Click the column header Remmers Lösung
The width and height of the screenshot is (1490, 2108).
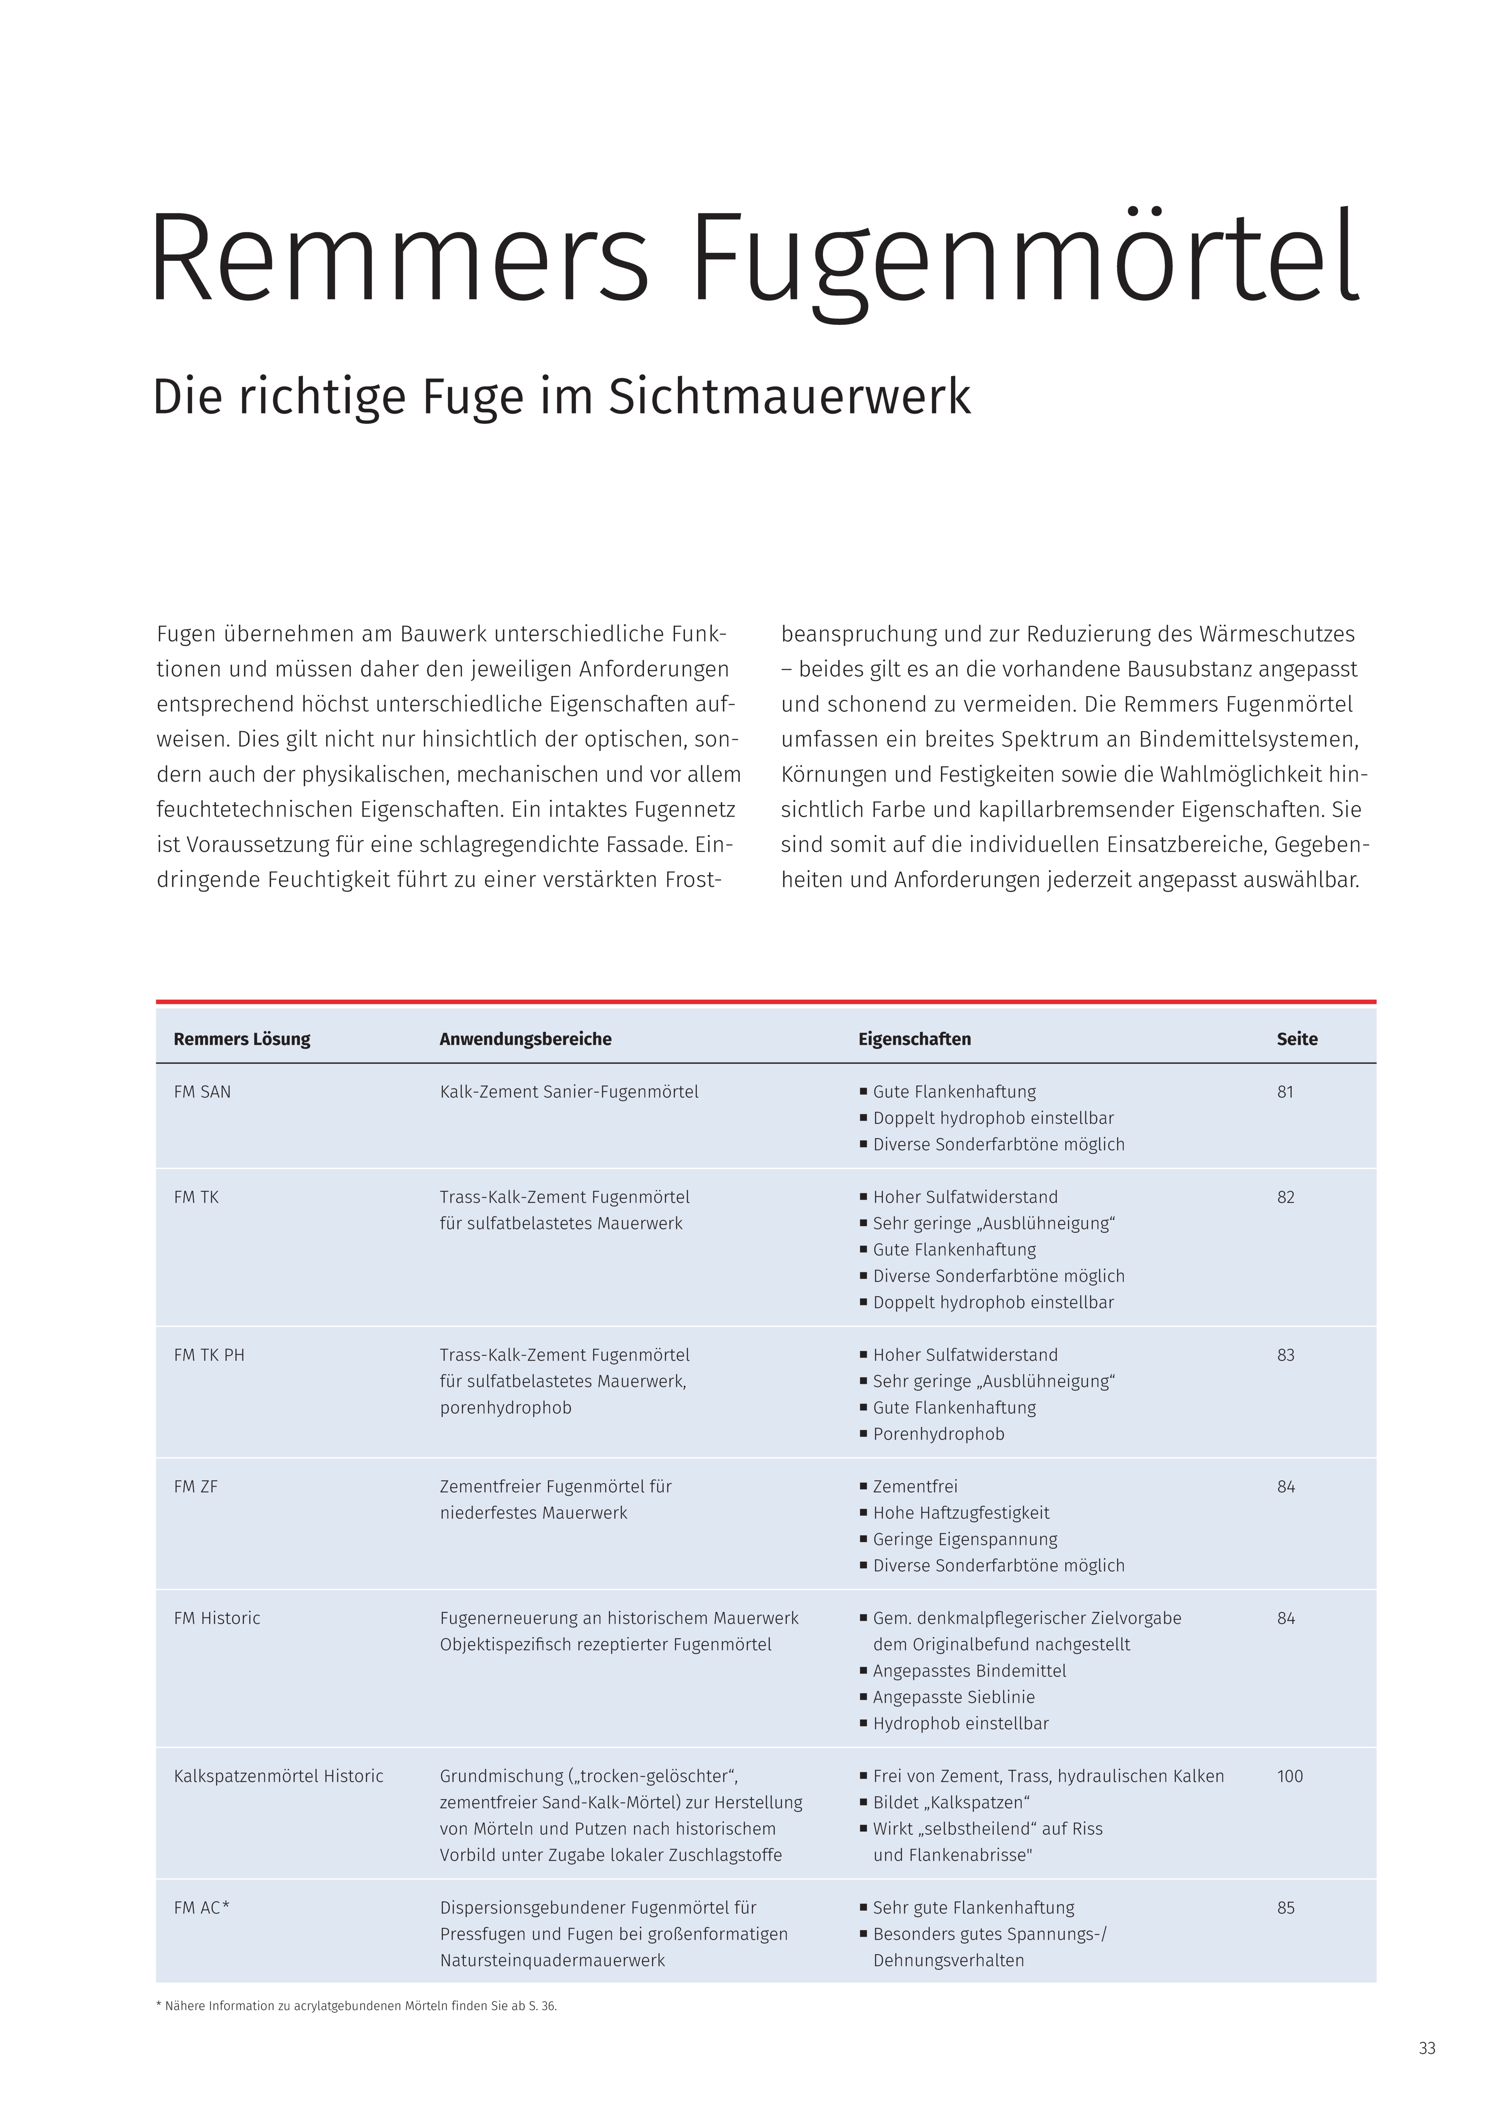pos(241,1040)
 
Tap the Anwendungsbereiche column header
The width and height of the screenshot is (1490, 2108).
pos(525,1040)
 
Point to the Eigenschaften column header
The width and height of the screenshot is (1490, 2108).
pos(914,1040)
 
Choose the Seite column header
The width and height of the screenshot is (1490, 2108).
pos(1296,1040)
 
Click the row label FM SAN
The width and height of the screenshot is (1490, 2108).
pos(202,1091)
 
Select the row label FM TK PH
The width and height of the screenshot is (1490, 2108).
pos(209,1355)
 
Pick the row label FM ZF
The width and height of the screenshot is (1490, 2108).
pos(195,1486)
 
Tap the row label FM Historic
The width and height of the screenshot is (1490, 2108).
pos(217,1618)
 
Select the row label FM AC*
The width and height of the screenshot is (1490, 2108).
pos(201,1908)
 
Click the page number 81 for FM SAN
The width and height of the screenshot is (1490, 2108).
pos(1285,1091)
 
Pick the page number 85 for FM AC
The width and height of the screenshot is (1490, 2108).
pos(1285,1908)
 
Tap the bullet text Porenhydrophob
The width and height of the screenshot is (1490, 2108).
pos(938,1434)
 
